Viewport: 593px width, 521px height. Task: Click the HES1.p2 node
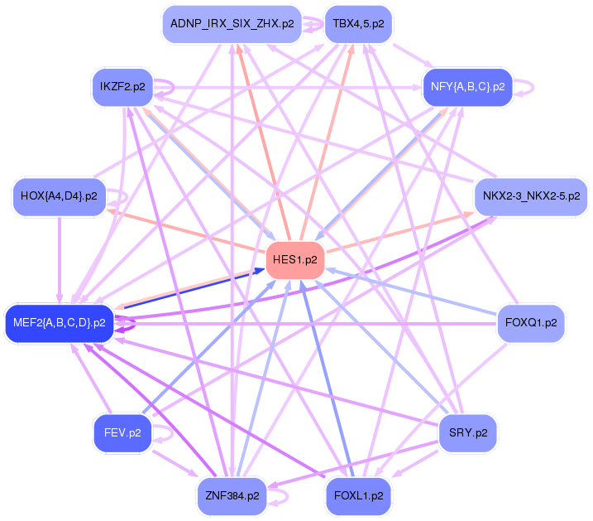click(x=294, y=260)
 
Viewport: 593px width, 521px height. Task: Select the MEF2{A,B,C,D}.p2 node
click(x=58, y=323)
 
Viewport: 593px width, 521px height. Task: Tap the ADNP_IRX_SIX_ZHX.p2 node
click(x=232, y=24)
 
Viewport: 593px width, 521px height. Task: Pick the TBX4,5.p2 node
click(x=358, y=24)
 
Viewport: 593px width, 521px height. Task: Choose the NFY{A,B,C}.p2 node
click(x=467, y=86)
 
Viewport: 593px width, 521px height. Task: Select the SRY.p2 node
click(x=467, y=432)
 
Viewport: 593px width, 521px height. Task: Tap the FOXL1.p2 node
click(x=358, y=495)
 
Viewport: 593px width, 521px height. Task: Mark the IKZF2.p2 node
click(x=122, y=86)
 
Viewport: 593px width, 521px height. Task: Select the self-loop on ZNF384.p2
click(x=281, y=496)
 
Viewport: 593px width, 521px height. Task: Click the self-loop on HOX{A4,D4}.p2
click(x=120, y=197)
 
